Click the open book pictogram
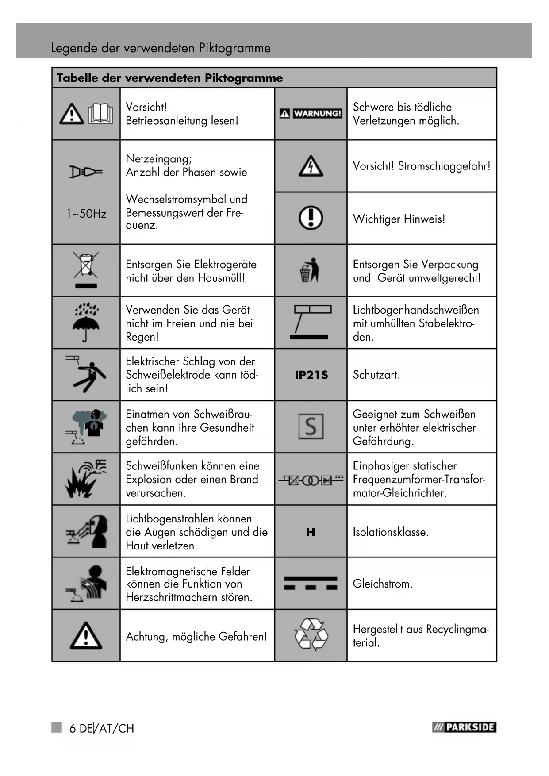pos(100,113)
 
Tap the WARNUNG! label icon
pos(311,114)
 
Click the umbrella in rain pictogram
pos(86,322)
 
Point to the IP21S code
pos(311,375)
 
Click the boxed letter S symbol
pos(311,426)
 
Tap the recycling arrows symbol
pos(311,635)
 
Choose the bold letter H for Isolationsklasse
pos(311,532)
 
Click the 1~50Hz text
pos(86,214)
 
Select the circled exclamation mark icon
pos(311,218)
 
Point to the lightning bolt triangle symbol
pos(311,166)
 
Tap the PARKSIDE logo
pos(464,727)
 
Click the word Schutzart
pos(376,375)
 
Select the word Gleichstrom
pos(382,584)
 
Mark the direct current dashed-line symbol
pos(311,583)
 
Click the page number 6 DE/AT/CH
pos(101,728)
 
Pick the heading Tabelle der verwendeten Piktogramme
pos(170,78)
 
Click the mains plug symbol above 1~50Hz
pos(86,172)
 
